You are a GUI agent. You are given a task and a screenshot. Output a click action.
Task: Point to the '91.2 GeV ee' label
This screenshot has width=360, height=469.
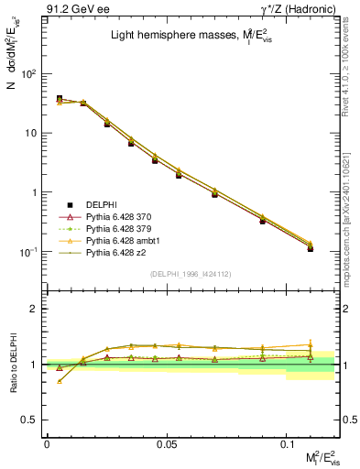(75, 8)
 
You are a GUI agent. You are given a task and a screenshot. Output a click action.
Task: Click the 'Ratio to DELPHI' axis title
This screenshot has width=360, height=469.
(12, 364)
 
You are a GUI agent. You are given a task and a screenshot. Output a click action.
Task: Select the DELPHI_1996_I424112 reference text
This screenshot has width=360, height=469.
(190, 274)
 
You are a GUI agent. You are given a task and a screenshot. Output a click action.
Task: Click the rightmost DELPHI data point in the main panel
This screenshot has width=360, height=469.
(311, 248)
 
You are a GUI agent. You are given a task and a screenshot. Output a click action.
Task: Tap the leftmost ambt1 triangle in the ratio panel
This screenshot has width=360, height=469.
(60, 381)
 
